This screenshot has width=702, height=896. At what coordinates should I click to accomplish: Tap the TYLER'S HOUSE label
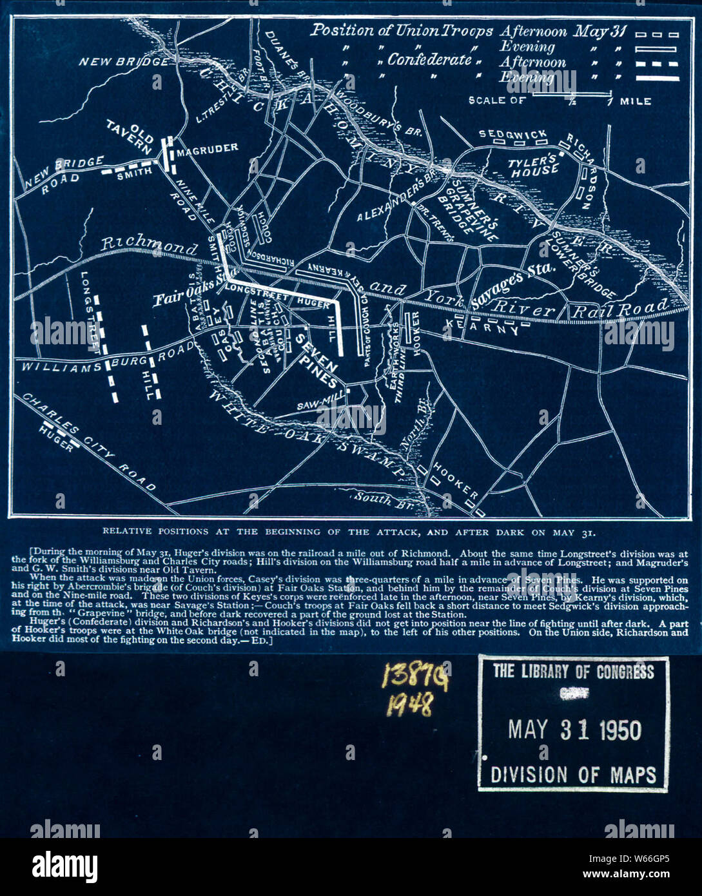(x=533, y=165)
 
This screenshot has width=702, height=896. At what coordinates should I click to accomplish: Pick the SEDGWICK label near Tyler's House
(x=512, y=133)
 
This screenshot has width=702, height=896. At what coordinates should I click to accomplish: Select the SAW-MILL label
(x=317, y=405)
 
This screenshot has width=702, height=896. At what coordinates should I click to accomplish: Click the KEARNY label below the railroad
(x=483, y=329)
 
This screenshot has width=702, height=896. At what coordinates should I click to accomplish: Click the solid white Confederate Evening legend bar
(x=656, y=78)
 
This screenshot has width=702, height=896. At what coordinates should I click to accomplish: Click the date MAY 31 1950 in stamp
(x=574, y=730)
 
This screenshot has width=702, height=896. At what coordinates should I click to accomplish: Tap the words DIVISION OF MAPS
(x=573, y=774)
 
